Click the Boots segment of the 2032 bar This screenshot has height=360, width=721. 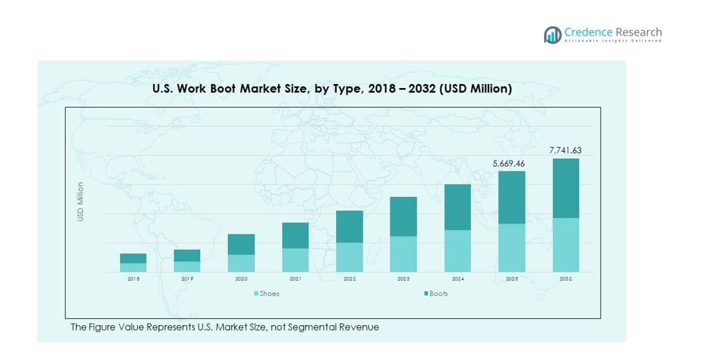tap(565, 188)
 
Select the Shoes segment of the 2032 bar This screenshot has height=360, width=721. tap(565, 244)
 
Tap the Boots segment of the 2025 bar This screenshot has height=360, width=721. tap(511, 197)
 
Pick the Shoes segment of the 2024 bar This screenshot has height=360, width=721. tap(457, 251)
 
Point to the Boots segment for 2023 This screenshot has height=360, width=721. tap(403, 216)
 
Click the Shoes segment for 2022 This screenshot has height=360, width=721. tap(349, 257)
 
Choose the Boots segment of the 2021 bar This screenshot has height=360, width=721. tap(295, 235)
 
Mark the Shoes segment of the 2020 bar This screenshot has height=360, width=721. tap(241, 263)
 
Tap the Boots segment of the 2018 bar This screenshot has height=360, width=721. tap(133, 258)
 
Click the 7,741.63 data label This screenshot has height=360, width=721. tap(565, 150)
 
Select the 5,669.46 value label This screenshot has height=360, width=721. tap(511, 163)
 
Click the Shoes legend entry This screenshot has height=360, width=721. tap(267, 294)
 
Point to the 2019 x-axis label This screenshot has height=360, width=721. tap(187, 278)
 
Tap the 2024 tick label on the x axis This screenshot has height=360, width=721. tap(457, 278)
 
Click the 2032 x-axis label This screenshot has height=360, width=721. tap(565, 278)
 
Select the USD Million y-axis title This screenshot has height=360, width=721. tap(81, 201)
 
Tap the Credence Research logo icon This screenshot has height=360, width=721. tap(553, 35)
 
